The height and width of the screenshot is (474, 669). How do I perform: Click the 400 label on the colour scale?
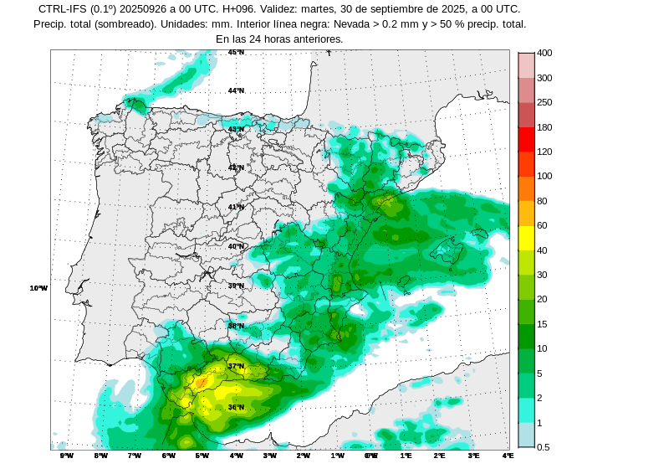[x=544, y=53]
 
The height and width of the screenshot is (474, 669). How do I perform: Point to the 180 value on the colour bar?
[x=544, y=127]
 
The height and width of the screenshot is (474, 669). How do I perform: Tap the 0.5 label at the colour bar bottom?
[x=543, y=447]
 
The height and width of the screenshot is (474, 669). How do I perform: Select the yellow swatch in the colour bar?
[x=526, y=238]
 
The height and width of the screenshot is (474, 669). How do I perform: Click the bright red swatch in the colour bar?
[x=526, y=139]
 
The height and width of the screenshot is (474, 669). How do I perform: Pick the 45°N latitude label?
[x=237, y=52]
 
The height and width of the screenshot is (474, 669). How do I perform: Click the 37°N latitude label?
[x=237, y=366]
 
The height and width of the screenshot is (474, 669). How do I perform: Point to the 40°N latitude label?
[x=237, y=246]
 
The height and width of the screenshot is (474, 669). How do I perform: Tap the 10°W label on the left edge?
[x=38, y=288]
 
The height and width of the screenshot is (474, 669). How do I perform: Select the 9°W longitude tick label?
[x=67, y=456]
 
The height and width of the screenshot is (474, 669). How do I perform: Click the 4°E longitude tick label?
[x=508, y=456]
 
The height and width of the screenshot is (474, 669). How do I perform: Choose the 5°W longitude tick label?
[x=202, y=456]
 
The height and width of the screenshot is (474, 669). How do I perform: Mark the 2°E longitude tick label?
[x=440, y=456]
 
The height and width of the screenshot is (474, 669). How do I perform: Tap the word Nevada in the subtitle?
[x=364, y=23]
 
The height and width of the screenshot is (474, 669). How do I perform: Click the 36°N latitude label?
[x=237, y=407]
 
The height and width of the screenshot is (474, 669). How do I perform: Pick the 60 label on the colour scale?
[x=542, y=225]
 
